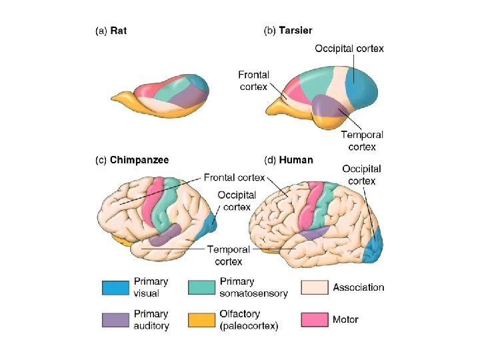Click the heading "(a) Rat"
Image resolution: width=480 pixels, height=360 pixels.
[x=111, y=30]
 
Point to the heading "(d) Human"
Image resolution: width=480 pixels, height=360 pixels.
[x=288, y=160]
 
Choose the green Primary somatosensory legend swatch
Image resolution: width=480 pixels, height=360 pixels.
[x=201, y=287]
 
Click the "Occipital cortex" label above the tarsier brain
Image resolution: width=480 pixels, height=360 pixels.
[x=349, y=48]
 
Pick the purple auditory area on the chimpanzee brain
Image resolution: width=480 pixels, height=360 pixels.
[x=165, y=235]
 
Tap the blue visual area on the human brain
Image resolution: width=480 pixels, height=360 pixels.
[x=375, y=247]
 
